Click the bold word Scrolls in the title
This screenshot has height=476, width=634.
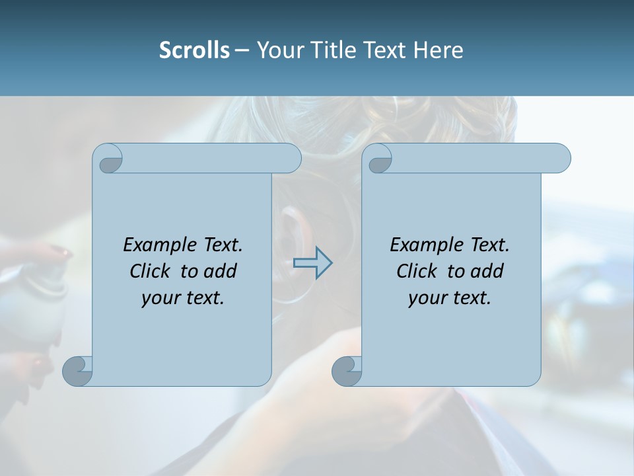click(x=194, y=50)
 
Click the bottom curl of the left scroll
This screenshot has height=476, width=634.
click(x=77, y=370)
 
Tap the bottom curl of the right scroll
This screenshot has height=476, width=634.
click(x=347, y=370)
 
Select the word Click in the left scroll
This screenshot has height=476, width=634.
click(x=151, y=272)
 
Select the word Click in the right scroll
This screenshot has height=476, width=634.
click(x=417, y=272)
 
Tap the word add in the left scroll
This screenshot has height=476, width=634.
click(x=220, y=272)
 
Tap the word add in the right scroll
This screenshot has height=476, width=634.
click(x=487, y=272)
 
